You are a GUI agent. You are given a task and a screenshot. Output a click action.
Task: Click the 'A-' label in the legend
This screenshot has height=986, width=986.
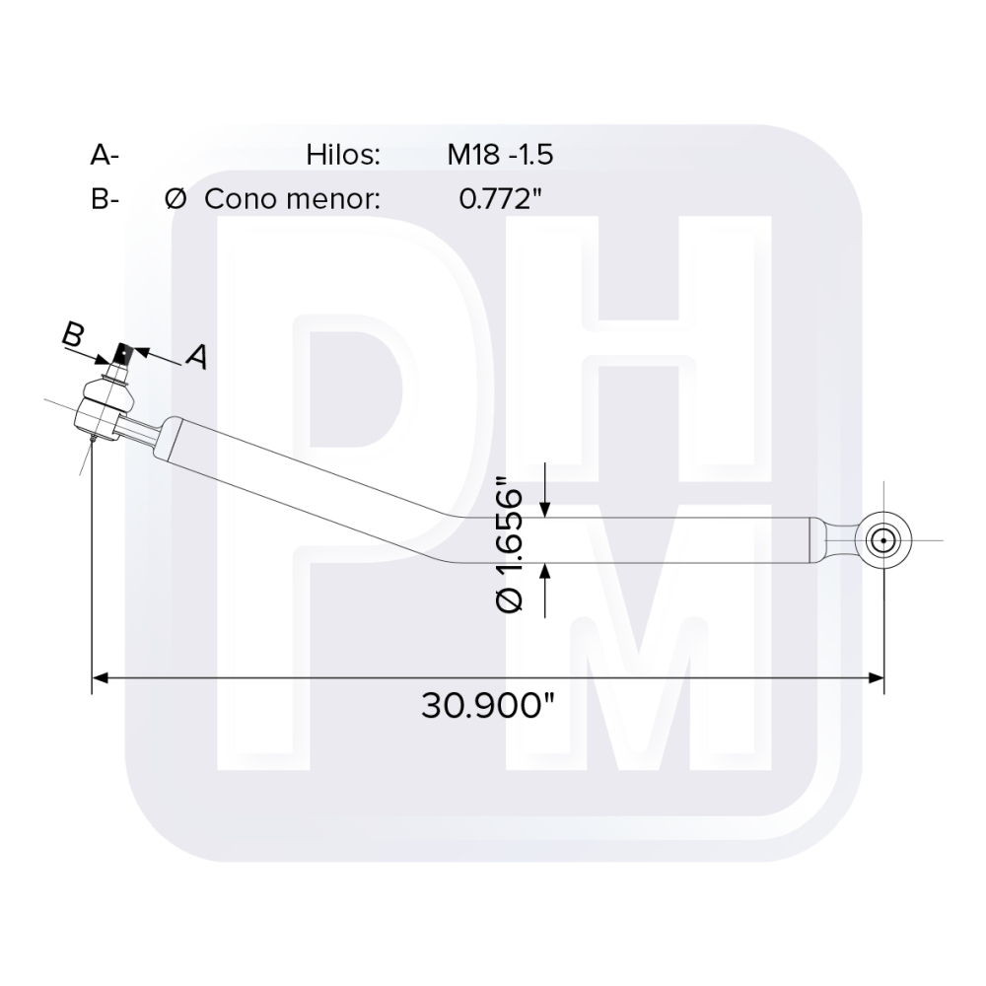click(104, 155)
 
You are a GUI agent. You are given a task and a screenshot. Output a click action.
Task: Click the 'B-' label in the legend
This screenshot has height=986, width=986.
click(104, 199)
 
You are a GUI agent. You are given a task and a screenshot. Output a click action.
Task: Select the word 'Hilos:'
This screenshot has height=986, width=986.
click(343, 155)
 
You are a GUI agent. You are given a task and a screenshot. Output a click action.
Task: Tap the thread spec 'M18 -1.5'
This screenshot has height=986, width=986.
click(501, 155)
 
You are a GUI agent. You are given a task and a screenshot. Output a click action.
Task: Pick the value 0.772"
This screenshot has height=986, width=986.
click(501, 199)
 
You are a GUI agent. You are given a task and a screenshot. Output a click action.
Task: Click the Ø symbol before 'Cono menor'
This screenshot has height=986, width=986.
click(176, 199)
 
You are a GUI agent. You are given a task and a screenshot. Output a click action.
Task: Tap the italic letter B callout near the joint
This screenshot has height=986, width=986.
click(73, 335)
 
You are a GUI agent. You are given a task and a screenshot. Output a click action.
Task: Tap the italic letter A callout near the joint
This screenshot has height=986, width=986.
click(197, 357)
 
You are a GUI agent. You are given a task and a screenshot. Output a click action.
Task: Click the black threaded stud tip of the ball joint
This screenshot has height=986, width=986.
click(123, 352)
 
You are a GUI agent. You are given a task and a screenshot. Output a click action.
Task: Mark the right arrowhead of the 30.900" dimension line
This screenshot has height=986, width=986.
click(875, 677)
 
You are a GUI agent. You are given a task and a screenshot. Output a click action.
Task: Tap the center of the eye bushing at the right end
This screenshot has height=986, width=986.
click(883, 539)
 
